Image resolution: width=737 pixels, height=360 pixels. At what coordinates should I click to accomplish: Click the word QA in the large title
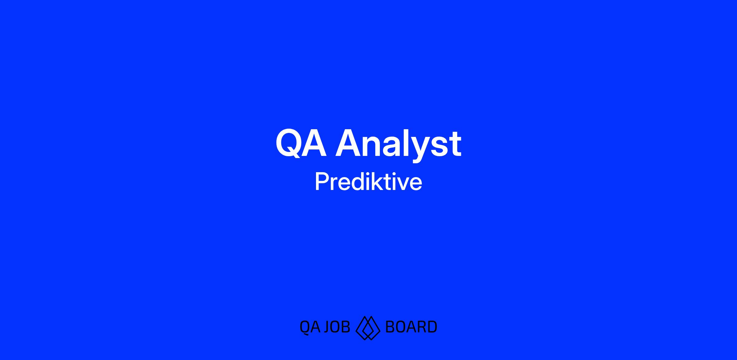[301, 143]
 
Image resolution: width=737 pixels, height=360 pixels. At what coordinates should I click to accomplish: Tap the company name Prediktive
[368, 182]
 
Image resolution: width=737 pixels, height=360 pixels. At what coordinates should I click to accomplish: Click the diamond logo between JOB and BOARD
[368, 328]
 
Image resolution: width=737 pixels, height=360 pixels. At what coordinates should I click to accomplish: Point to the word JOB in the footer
[337, 327]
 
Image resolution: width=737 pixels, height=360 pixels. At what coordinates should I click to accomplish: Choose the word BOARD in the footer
[411, 327]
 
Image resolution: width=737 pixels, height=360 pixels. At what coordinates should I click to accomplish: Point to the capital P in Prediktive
[322, 182]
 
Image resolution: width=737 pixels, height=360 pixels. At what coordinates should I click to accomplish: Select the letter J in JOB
[327, 327]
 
